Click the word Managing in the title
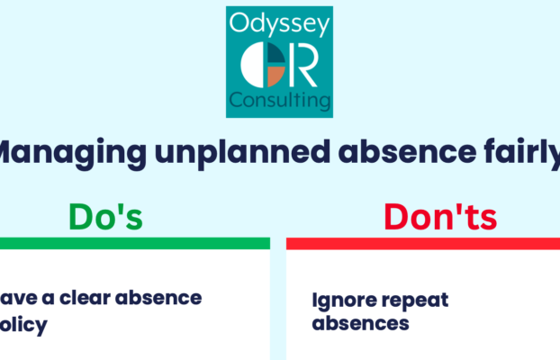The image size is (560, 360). (49, 154)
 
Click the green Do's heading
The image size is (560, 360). (105, 217)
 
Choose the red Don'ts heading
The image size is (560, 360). (429, 217)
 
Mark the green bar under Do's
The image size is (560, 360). (135, 243)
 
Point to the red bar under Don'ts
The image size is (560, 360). (423, 243)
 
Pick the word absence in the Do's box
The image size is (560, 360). (162, 297)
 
